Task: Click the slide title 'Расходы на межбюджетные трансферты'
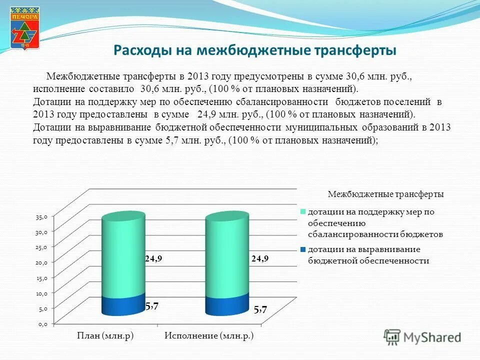click(x=255, y=50)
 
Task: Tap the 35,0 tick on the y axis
click(x=41, y=217)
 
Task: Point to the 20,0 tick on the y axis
click(x=41, y=262)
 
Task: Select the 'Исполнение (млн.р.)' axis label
click(x=209, y=336)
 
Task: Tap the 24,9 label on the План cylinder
click(x=153, y=259)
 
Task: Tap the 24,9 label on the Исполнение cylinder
click(x=260, y=258)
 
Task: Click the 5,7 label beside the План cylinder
click(x=152, y=307)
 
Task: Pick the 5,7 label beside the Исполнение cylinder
click(x=260, y=310)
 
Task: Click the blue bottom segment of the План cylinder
click(x=123, y=306)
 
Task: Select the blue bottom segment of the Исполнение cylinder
click(x=227, y=306)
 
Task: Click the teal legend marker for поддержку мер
click(x=303, y=211)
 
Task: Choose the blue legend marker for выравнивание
click(x=303, y=249)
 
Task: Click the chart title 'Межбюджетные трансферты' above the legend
click(x=385, y=194)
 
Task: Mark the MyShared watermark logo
click(x=422, y=337)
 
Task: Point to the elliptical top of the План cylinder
click(x=123, y=216)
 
